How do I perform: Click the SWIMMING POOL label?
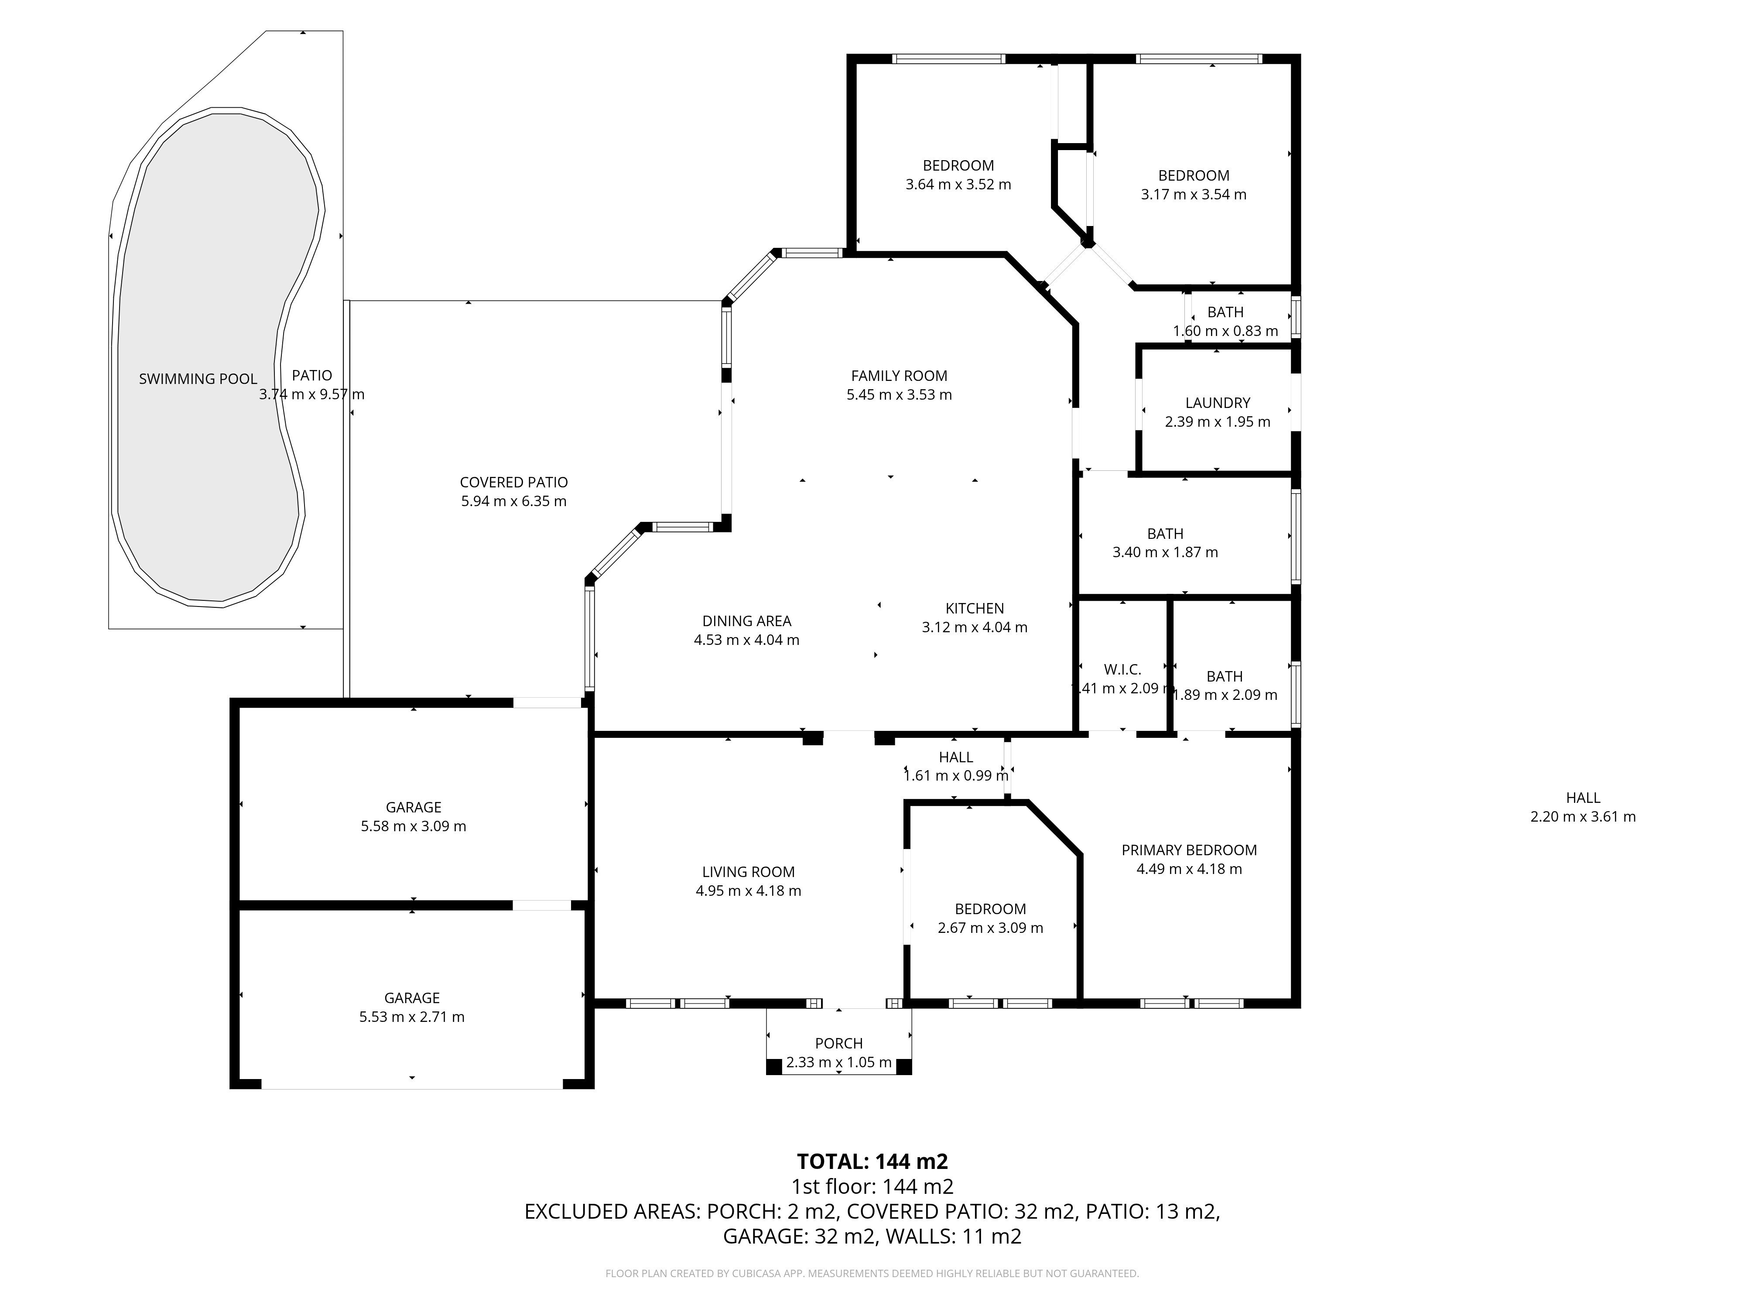tap(198, 379)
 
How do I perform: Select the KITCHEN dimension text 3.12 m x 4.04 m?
tap(975, 628)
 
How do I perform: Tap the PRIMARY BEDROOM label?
tap(1190, 850)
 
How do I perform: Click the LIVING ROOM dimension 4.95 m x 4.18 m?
tap(749, 891)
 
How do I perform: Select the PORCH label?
tap(839, 1044)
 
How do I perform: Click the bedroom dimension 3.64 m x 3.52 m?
tap(958, 185)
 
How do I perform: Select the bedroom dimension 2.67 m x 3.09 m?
tap(991, 929)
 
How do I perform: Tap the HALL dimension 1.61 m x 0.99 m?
tap(956, 776)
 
